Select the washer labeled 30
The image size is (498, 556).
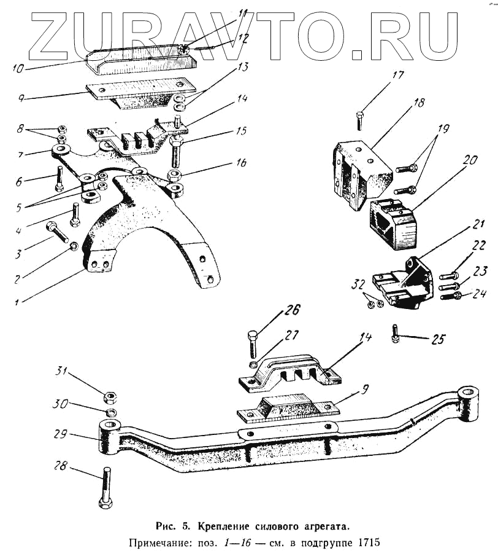(111, 412)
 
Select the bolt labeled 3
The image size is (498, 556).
(58, 233)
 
